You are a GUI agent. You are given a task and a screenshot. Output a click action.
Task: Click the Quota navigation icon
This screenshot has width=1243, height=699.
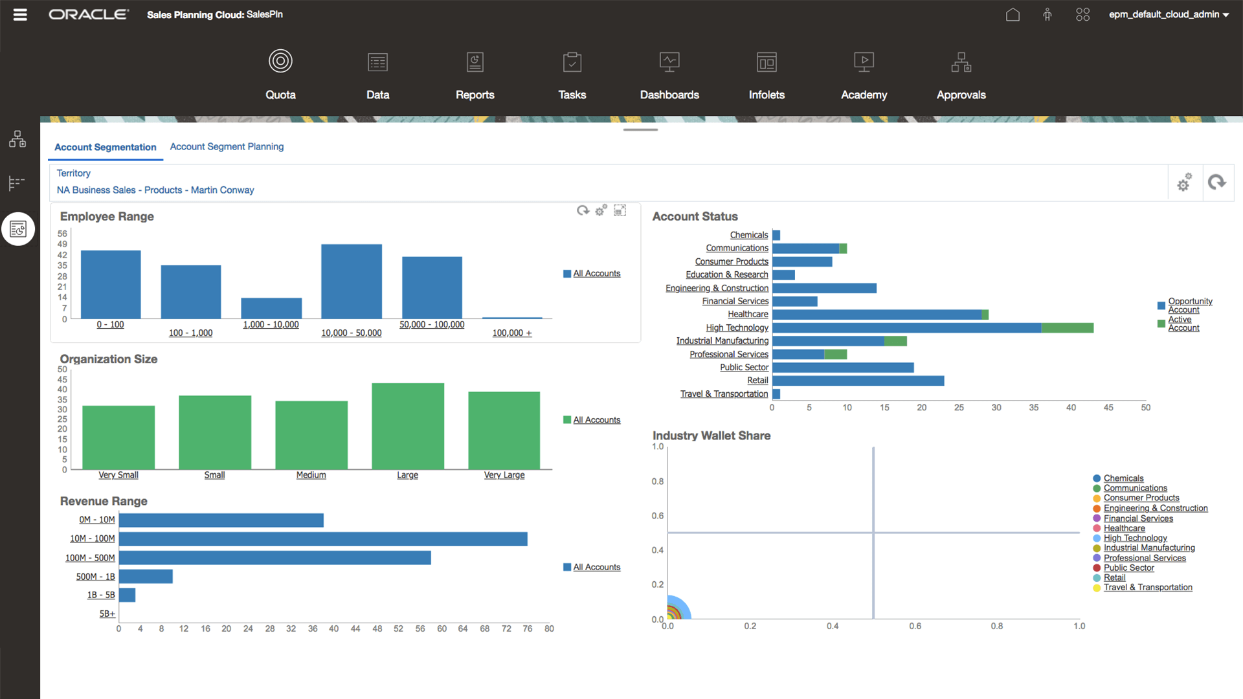click(280, 61)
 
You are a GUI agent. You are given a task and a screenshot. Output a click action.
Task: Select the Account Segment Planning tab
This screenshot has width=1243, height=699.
click(227, 147)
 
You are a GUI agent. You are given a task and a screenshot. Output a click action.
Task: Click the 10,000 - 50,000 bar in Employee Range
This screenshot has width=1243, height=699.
click(352, 282)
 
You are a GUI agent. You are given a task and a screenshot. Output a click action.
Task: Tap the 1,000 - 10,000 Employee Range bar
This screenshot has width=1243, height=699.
click(271, 308)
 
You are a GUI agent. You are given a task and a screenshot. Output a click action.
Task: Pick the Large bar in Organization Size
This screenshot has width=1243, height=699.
click(408, 426)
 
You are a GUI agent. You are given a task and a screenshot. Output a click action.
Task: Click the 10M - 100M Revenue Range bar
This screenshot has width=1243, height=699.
click(323, 539)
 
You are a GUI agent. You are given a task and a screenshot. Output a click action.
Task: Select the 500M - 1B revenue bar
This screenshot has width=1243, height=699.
click(146, 576)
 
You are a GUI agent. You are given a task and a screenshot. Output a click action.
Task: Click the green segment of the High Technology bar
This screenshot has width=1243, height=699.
click(1067, 328)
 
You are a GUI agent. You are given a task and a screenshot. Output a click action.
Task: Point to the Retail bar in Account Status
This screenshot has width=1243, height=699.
click(858, 381)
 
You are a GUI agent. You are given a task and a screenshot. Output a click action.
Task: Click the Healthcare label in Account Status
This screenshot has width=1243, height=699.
click(748, 315)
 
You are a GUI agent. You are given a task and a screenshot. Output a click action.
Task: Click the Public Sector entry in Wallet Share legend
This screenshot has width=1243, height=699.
click(1128, 568)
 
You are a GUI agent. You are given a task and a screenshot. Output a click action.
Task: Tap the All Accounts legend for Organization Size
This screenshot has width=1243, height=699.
click(596, 420)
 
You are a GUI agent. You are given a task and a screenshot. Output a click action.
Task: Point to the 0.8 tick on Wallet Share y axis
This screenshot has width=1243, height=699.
click(658, 482)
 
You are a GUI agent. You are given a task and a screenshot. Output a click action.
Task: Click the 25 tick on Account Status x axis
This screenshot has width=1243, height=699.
click(959, 408)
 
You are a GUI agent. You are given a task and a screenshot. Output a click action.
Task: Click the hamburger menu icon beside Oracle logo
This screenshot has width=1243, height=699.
click(20, 14)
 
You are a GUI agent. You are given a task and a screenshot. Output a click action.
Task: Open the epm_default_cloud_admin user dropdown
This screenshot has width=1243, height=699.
click(1169, 14)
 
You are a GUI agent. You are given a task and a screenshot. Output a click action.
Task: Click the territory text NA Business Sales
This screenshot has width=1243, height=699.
click(155, 190)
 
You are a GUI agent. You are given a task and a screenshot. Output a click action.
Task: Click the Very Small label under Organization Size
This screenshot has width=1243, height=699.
click(118, 475)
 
